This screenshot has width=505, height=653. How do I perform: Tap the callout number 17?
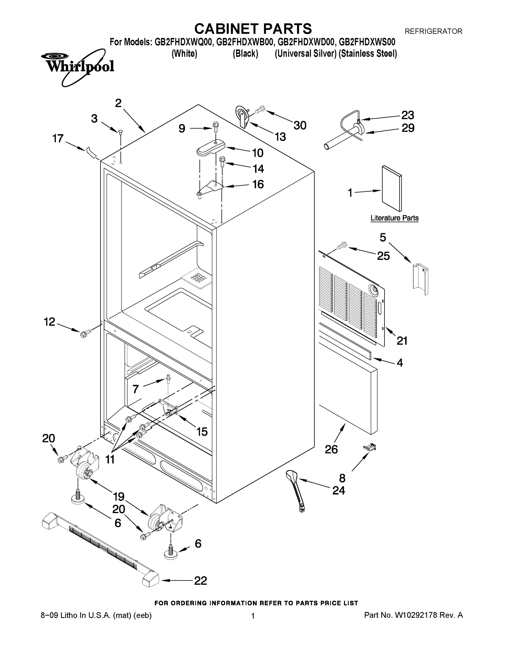tap(58, 138)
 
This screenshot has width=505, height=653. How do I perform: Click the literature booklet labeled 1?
tap(392, 189)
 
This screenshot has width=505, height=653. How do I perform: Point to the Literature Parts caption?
tap(394, 218)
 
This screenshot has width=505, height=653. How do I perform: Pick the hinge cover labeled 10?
tap(211, 148)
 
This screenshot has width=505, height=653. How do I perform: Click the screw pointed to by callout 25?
tap(342, 246)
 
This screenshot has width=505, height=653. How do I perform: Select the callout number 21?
tap(402, 341)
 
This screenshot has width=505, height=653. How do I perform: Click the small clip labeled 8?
tap(370, 448)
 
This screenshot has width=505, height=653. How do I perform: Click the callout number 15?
tap(202, 432)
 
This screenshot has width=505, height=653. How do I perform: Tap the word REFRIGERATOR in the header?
tap(433, 31)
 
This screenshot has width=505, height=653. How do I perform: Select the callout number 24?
tap(339, 490)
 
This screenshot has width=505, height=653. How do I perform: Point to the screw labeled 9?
tap(215, 127)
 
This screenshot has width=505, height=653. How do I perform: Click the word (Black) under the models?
tap(245, 54)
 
